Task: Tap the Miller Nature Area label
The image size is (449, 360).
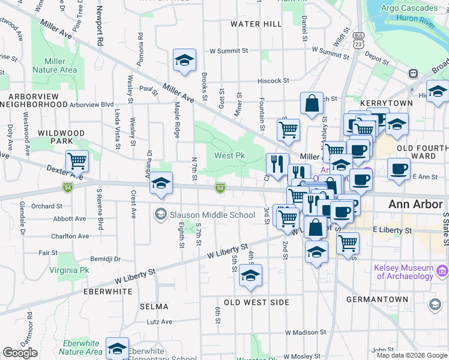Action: [x=60, y=65]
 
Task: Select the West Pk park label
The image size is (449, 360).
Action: [x=230, y=156]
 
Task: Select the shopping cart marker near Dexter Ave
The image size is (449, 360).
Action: [x=77, y=161]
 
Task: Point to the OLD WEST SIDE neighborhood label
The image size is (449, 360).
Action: [x=257, y=302]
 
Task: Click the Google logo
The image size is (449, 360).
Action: [x=20, y=353]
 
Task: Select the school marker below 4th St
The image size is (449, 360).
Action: [x=250, y=275]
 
